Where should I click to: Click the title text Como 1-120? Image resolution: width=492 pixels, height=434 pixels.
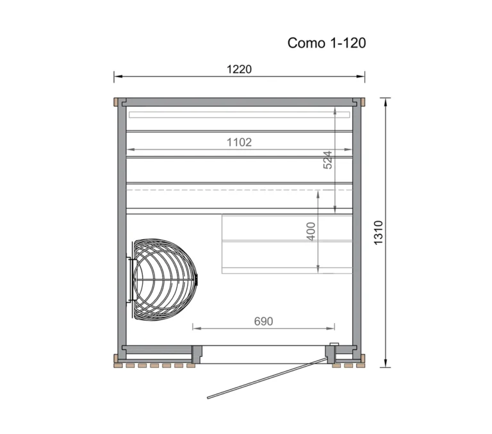point(327,43)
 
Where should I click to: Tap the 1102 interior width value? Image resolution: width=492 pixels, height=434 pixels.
point(239,142)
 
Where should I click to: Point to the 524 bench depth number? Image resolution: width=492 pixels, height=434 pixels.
point(327,160)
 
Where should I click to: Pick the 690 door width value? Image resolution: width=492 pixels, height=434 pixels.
point(263,321)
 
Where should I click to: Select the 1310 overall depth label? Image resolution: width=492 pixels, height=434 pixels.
point(378,233)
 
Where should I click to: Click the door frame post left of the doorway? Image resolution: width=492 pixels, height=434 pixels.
point(197,354)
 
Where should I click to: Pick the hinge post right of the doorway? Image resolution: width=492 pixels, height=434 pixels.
point(332,354)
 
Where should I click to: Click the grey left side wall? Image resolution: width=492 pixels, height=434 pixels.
point(120,224)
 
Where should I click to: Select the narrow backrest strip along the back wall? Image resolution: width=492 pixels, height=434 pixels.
point(239,115)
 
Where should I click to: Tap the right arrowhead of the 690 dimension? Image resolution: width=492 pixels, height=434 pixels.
point(329,328)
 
